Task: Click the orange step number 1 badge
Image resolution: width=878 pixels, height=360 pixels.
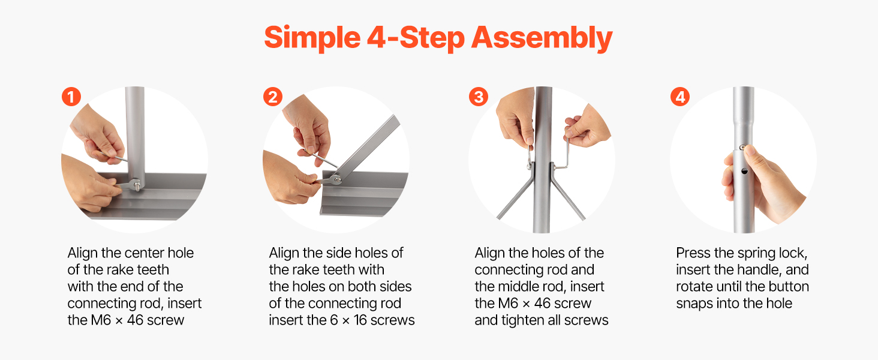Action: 71,97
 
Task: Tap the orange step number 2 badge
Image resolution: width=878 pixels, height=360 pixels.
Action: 273,97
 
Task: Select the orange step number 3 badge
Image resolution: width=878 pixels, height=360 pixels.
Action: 479,97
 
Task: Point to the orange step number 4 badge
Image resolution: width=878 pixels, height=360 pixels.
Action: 680,97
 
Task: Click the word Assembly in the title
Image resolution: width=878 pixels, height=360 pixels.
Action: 542,38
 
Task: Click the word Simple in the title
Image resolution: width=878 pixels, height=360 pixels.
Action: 312,38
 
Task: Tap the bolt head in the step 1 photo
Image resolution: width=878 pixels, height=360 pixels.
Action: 137,184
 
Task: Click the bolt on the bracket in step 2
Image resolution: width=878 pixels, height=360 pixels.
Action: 337,180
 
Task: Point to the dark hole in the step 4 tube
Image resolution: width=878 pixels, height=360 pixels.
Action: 744,172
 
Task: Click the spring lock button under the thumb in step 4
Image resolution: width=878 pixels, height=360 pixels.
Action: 742,148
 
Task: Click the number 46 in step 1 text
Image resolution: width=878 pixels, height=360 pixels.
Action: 135,320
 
